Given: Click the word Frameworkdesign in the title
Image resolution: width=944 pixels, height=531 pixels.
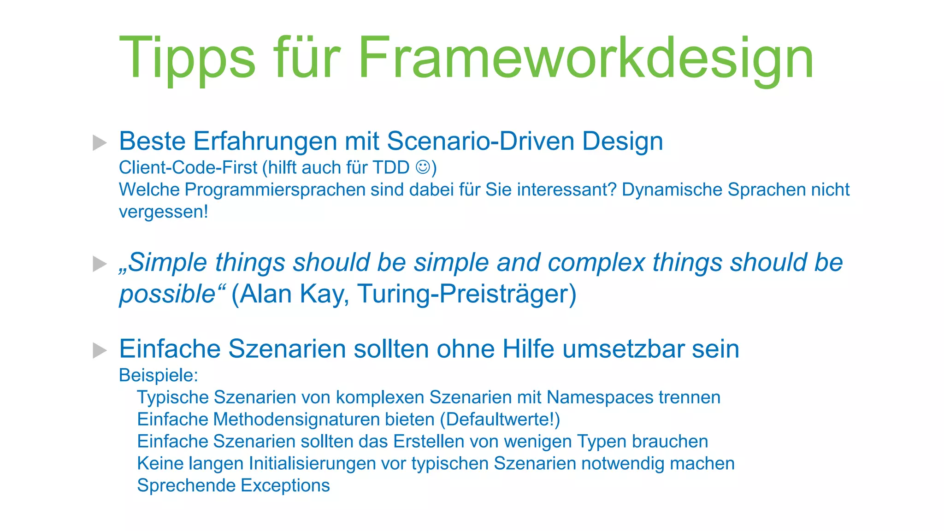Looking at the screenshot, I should [x=585, y=59].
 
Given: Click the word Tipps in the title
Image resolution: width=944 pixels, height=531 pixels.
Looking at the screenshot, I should [x=187, y=59].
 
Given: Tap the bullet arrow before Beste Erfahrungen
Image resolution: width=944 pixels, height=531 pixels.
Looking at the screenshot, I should [x=100, y=142].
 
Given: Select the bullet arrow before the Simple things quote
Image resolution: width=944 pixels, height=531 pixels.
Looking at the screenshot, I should [x=100, y=264].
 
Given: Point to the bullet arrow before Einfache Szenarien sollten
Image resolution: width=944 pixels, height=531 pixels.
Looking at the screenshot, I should [x=100, y=350].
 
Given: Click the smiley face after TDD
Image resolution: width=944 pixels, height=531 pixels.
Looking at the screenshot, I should [x=423, y=167].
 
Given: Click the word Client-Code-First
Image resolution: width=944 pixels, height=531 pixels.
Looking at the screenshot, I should [x=188, y=168].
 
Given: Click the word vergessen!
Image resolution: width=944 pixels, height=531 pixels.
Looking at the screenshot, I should [x=163, y=212].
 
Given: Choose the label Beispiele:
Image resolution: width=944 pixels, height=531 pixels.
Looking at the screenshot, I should [x=158, y=375].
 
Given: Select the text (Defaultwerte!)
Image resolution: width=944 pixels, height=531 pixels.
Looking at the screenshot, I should [x=500, y=419].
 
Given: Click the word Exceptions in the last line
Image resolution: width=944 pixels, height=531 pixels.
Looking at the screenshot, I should [x=285, y=486].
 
